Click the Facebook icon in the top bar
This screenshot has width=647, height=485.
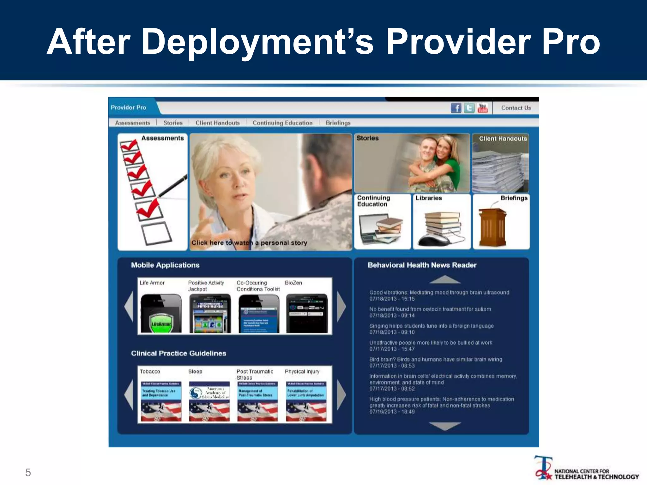point(456,108)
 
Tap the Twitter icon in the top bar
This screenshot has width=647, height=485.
point(469,108)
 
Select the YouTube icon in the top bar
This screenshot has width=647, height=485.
point(482,108)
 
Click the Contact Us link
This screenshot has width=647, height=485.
point(516,108)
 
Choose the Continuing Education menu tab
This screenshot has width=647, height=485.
point(282,123)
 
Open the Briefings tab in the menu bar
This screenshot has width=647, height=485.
point(338,123)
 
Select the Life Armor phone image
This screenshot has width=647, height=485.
point(161,314)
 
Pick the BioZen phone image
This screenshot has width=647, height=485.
point(307,314)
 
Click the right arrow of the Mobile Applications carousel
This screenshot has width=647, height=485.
point(342,307)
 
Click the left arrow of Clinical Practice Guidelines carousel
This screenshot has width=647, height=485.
point(129,395)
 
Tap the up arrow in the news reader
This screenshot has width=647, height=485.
point(445,279)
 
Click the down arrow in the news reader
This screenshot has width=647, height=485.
point(445,426)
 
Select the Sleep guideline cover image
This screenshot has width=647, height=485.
point(209,401)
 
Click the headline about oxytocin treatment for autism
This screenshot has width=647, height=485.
point(430,309)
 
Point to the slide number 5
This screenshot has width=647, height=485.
point(28,473)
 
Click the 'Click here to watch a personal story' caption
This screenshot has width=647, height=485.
point(249,243)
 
